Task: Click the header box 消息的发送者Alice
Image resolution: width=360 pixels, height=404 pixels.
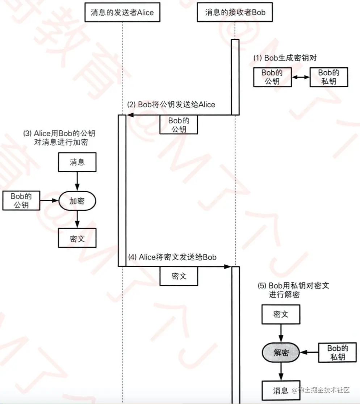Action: click(x=122, y=12)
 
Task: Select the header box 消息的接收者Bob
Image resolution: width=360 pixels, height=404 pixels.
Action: click(x=235, y=12)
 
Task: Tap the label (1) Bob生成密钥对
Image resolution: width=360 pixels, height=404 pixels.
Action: click(x=285, y=58)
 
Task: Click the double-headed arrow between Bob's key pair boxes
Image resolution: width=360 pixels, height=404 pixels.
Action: click(x=301, y=77)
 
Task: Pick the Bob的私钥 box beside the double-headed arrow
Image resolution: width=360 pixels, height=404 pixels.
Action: click(x=328, y=77)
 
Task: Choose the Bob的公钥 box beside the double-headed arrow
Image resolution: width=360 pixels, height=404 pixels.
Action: click(x=272, y=77)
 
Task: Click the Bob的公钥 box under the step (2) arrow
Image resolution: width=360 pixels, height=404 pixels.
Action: click(x=179, y=125)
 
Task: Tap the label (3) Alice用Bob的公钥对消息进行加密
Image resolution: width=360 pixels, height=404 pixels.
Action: click(x=59, y=138)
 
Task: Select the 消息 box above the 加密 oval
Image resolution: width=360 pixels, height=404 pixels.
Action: click(x=77, y=162)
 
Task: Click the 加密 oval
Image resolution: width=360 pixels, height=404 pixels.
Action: click(x=77, y=201)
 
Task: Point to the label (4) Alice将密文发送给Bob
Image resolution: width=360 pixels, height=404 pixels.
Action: click(x=172, y=257)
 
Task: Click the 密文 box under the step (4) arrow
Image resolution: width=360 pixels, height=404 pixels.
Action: click(x=179, y=276)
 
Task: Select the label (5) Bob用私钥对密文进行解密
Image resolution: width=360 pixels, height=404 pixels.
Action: click(x=293, y=290)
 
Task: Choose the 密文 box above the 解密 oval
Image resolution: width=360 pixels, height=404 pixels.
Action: click(x=281, y=314)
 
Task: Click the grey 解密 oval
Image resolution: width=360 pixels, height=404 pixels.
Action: click(x=281, y=353)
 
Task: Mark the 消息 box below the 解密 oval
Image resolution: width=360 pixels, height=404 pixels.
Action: click(x=281, y=390)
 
